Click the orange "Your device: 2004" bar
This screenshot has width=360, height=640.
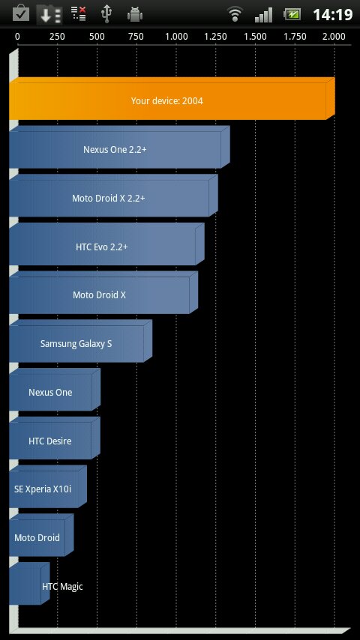[172, 98]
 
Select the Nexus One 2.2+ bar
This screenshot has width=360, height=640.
[119, 147]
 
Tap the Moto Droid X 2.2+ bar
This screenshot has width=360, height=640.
[113, 196]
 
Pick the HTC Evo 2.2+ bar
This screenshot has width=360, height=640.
[106, 244]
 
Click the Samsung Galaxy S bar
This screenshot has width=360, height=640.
[80, 341]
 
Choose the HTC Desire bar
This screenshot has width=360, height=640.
[55, 438]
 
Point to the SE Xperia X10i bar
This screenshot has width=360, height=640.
[48, 487]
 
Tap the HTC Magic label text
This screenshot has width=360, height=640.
[62, 587]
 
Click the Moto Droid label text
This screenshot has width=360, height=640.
[37, 537]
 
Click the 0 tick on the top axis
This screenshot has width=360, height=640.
[17, 37]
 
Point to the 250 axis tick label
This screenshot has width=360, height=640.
[57, 37]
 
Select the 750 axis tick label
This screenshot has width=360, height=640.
[136, 37]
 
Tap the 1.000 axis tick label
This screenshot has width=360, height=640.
[176, 37]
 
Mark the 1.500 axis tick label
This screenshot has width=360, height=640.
[256, 37]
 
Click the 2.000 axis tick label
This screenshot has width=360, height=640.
[334, 37]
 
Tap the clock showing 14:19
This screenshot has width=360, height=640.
[332, 15]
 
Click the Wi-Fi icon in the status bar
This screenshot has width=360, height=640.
[235, 14]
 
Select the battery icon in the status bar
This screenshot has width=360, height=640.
[292, 14]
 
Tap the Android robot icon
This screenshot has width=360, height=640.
[135, 14]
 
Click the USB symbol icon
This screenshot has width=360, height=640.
[106, 14]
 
